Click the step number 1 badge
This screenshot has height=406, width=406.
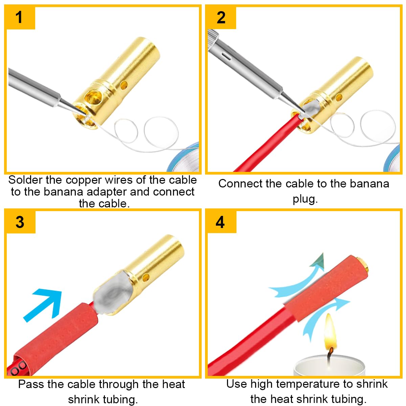(x=20, y=17)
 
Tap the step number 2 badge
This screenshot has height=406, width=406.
(x=221, y=17)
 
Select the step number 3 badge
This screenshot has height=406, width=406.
(x=20, y=222)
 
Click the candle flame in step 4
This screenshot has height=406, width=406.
(x=330, y=333)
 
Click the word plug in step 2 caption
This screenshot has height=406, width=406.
(x=305, y=199)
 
